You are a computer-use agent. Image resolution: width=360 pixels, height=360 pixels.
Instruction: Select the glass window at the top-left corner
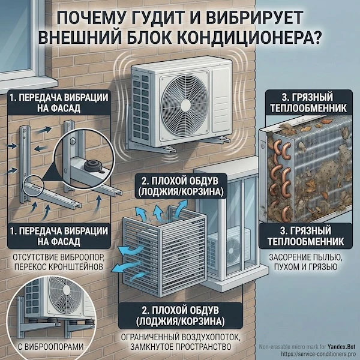(x=15, y=30)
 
